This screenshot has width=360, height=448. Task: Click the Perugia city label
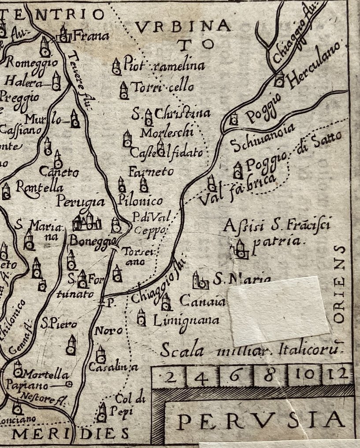81,202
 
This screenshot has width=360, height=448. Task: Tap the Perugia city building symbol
86,221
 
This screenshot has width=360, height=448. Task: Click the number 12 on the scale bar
338,375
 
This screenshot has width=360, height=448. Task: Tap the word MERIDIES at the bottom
71,434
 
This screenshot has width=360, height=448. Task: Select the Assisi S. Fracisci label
277,227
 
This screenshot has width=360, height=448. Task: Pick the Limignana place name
186,321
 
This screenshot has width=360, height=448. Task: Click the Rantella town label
40,187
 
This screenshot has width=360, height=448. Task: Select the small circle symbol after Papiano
68,384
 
